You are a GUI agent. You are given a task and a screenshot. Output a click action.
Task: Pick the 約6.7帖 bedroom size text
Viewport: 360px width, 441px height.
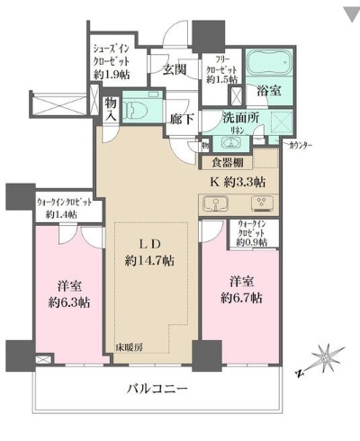pos(245,297)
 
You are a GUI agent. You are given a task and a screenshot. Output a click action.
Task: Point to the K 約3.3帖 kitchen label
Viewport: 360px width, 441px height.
pos(238,181)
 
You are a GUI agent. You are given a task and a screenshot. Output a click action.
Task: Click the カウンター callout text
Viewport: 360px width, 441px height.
pos(305,144)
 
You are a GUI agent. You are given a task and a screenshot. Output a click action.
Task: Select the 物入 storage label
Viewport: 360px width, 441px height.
pos(111,110)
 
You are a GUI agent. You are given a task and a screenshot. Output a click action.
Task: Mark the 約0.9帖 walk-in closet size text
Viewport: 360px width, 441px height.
pos(251,241)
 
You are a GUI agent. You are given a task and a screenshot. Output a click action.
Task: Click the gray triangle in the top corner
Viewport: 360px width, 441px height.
pos(348,13)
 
